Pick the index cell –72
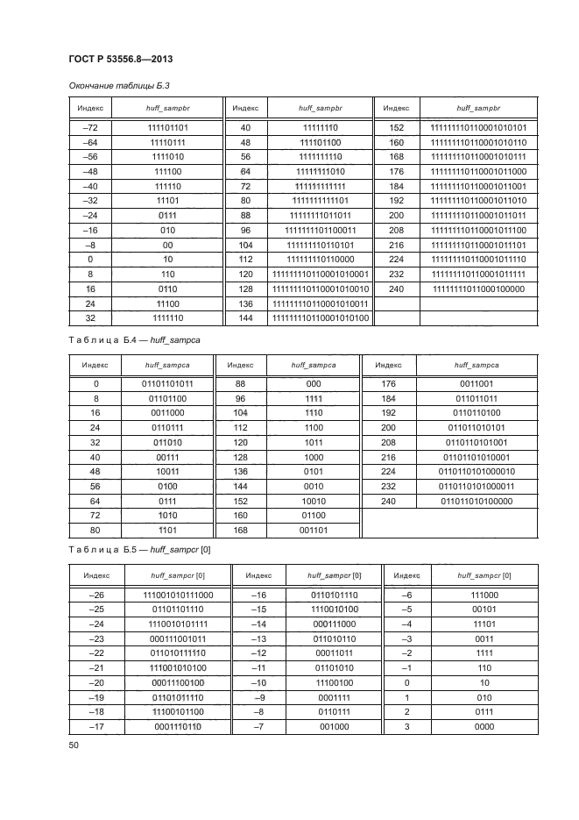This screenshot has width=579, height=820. [x=90, y=127]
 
